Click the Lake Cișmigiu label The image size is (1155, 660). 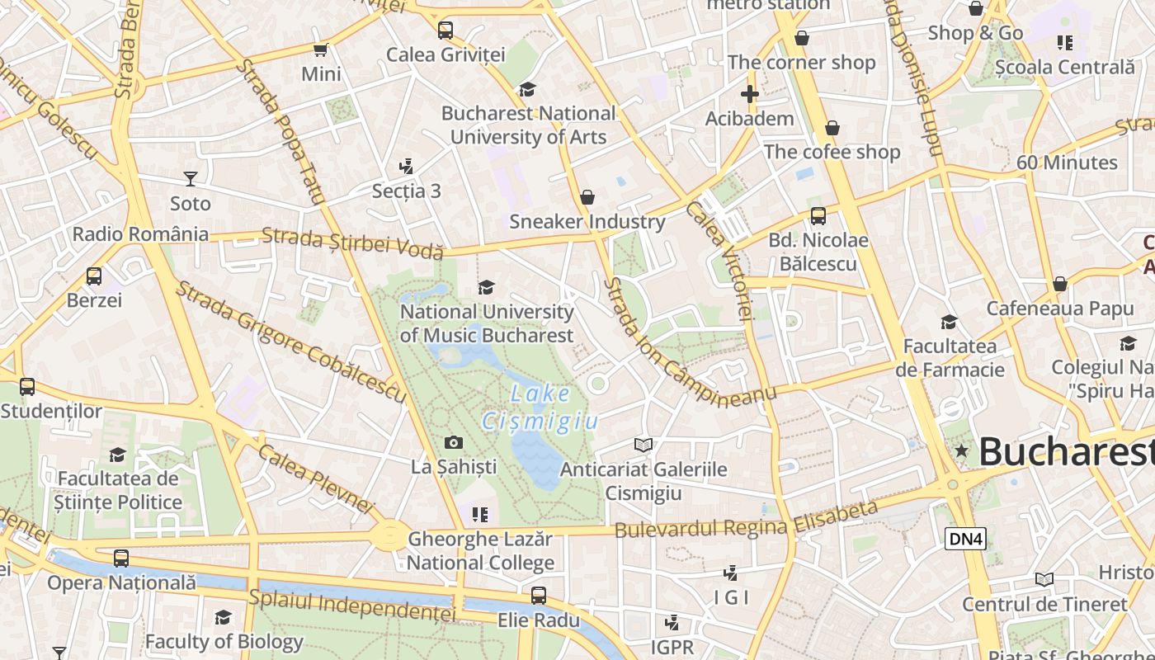pyautogui.click(x=551, y=408)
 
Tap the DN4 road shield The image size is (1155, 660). pyautogui.click(x=965, y=539)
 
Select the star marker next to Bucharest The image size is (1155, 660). pyautogui.click(x=961, y=450)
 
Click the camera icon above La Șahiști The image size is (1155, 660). pyautogui.click(x=453, y=443)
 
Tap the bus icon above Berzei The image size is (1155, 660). pyautogui.click(x=94, y=276)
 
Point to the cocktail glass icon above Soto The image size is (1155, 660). pyautogui.click(x=191, y=179)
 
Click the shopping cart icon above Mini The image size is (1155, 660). pyautogui.click(x=320, y=49)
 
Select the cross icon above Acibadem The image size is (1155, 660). pyautogui.click(x=749, y=94)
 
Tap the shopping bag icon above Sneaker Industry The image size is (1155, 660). pyautogui.click(x=587, y=197)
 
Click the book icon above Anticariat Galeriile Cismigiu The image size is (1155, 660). pyautogui.click(x=643, y=445)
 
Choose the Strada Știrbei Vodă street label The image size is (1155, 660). pyautogui.click(x=352, y=243)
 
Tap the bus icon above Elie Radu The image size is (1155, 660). pyautogui.click(x=539, y=595)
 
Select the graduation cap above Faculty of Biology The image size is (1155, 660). pyautogui.click(x=223, y=617)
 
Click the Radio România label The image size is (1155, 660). pyautogui.click(x=140, y=233)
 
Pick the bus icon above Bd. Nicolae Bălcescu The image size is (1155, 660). pyautogui.click(x=818, y=216)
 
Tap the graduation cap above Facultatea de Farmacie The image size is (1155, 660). pyautogui.click(x=950, y=322)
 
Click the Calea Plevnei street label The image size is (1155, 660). pyautogui.click(x=316, y=479)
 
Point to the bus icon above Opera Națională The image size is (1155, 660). pyautogui.click(x=121, y=559)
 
